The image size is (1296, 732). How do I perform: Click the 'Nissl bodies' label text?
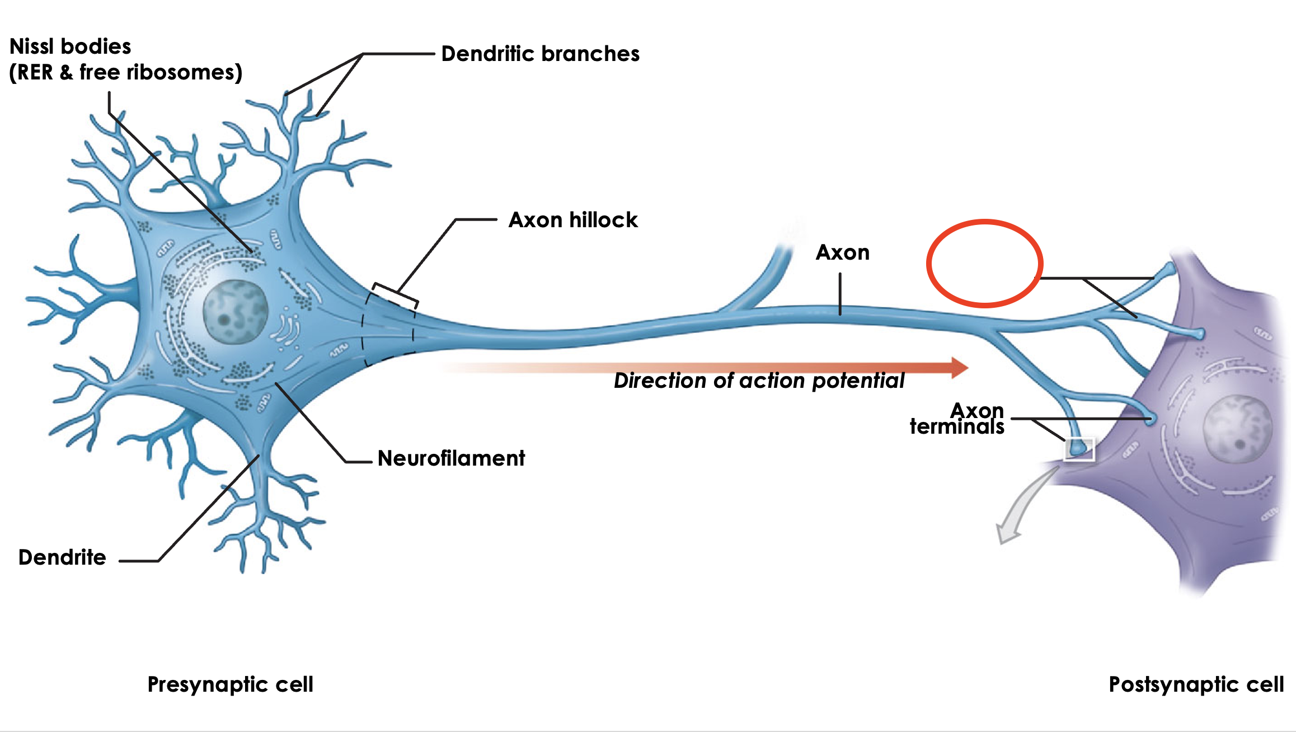pyautogui.click(x=71, y=46)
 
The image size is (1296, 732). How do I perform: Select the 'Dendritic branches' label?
pyautogui.click(x=540, y=54)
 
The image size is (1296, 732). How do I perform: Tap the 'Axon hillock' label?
pyautogui.click(x=572, y=220)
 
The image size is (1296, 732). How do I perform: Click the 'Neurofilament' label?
pyautogui.click(x=451, y=458)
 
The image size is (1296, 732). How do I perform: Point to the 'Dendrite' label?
pyautogui.click(x=62, y=557)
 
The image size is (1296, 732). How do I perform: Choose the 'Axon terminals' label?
pyautogui.click(x=957, y=419)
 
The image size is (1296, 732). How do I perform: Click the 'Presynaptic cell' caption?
pyautogui.click(x=230, y=684)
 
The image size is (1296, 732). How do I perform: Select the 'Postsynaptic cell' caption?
pyautogui.click(x=1196, y=684)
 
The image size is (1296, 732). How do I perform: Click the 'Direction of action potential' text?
pyautogui.click(x=759, y=381)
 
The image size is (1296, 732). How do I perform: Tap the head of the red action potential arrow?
pyautogui.click(x=959, y=368)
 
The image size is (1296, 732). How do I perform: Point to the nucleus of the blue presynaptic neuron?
pyautogui.click(x=235, y=312)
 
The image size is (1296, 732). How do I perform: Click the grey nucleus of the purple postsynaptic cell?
pyautogui.click(x=1238, y=428)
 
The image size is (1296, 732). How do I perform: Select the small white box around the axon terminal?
pyautogui.click(x=1079, y=449)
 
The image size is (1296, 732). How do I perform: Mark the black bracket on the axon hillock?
pyautogui.click(x=395, y=293)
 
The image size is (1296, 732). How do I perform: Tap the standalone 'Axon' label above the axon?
pyautogui.click(x=842, y=253)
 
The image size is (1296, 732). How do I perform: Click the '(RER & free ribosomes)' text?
pyautogui.click(x=126, y=72)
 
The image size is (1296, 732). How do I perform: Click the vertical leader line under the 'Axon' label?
pyautogui.click(x=840, y=294)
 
